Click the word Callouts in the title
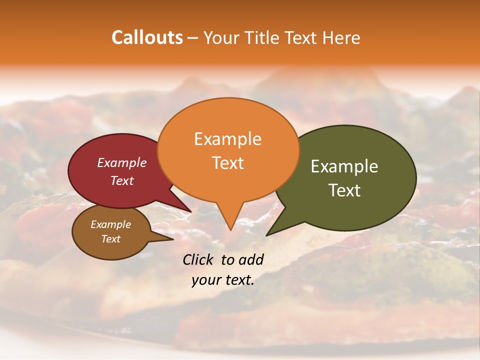click(147, 37)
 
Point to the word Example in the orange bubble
click(227, 139)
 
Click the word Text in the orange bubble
click(227, 163)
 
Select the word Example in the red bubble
click(121, 162)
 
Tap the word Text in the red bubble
click(121, 180)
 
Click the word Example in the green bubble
click(344, 166)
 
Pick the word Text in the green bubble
click(344, 190)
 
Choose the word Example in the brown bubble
click(110, 224)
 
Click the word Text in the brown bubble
click(110, 239)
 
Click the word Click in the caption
click(198, 259)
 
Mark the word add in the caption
click(251, 259)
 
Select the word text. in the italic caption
click(236, 280)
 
